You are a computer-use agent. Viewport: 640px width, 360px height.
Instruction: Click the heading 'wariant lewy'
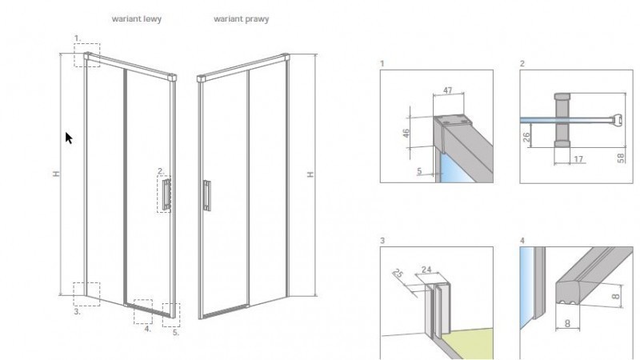(x=137, y=18)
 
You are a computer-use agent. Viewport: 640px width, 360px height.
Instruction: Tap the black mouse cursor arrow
(x=69, y=138)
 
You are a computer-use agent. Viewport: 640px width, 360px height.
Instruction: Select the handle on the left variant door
(x=166, y=196)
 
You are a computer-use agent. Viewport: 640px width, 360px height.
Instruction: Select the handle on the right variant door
(x=206, y=195)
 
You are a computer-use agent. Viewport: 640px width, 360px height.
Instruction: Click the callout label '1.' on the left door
(x=78, y=37)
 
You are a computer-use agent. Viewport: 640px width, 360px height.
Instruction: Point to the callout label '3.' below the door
(x=77, y=312)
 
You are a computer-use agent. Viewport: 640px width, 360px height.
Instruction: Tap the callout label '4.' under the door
(x=147, y=328)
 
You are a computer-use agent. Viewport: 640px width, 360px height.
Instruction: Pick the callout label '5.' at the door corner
(x=176, y=332)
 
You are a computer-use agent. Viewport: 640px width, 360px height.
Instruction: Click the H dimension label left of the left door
(x=56, y=174)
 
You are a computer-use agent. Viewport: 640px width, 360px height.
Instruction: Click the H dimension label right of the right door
(x=310, y=174)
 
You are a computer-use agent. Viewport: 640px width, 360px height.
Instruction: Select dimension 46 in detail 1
(x=406, y=133)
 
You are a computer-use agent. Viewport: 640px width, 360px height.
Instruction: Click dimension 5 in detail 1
(x=418, y=170)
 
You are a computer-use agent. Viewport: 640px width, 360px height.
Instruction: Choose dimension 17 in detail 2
(x=578, y=160)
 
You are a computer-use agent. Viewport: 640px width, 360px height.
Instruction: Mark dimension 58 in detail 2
(x=622, y=157)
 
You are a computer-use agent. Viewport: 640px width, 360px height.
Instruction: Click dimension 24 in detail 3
(x=450, y=269)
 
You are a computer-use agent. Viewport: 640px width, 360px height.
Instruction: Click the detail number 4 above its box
(x=522, y=239)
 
